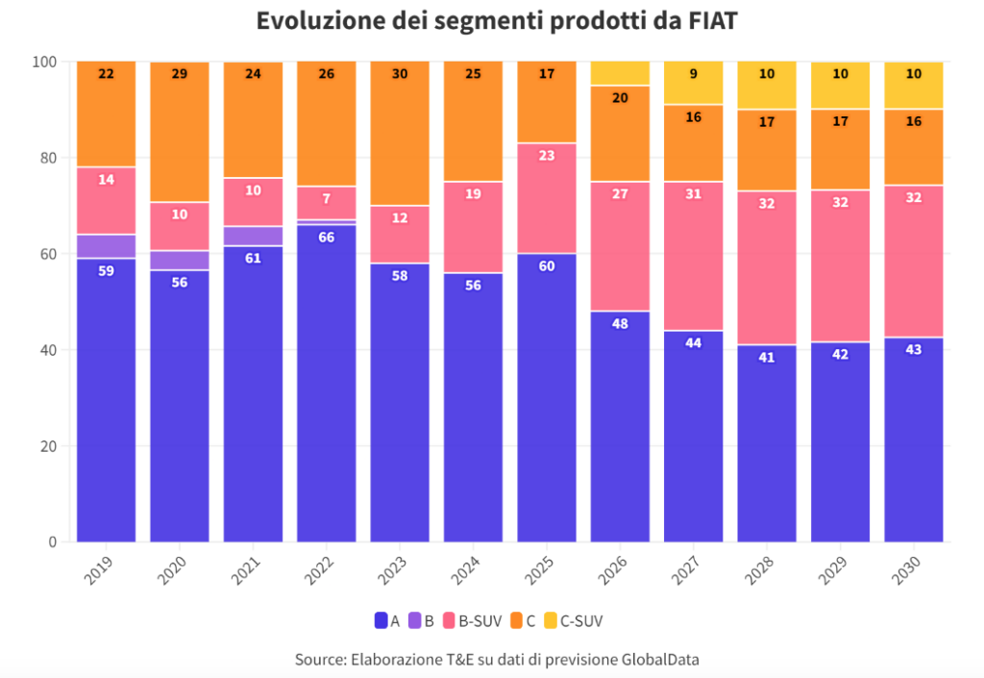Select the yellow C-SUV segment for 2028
point(766,85)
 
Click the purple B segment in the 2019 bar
point(106,245)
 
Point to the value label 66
point(326,237)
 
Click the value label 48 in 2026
point(620,323)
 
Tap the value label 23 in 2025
point(546,155)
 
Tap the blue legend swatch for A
point(381,621)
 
